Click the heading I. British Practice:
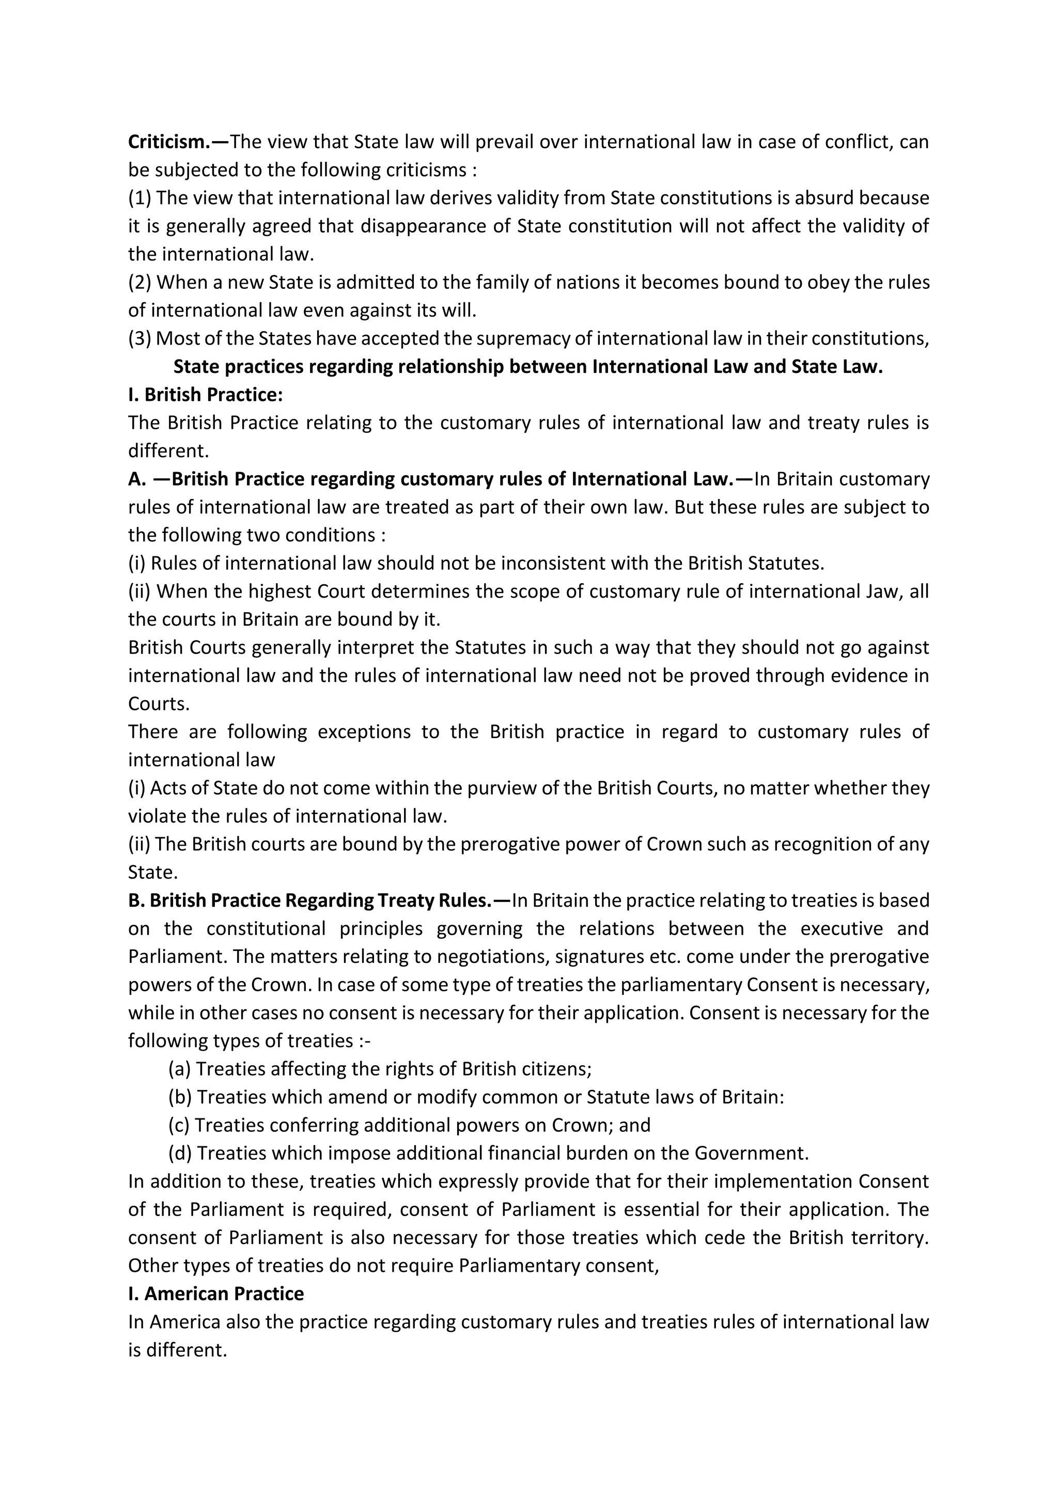(x=205, y=395)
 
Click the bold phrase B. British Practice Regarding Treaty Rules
(x=309, y=900)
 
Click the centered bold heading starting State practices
(x=527, y=367)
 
